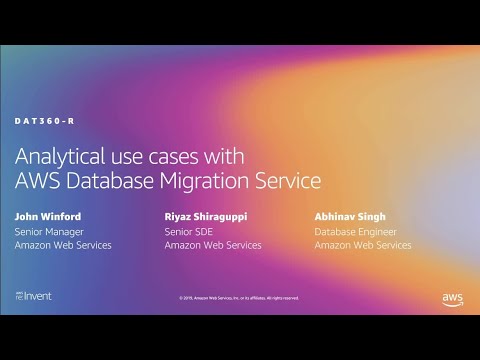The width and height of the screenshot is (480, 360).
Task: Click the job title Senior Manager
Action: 49,231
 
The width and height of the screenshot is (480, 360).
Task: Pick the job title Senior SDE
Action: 187,231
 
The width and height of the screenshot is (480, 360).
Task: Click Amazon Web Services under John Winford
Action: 63,245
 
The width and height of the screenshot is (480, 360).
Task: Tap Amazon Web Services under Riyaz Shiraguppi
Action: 213,245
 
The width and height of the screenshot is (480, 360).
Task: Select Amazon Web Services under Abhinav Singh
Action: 363,245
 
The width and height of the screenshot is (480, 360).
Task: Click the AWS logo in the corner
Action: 451,298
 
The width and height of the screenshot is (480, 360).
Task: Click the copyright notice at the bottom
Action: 240,298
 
